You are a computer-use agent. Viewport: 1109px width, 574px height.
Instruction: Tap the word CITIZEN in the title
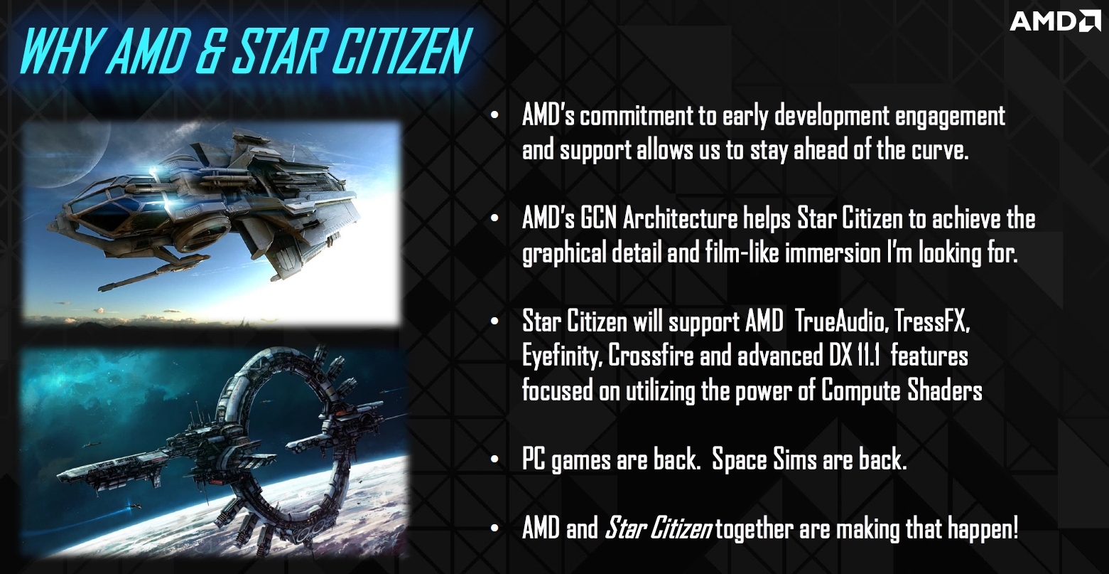click(401, 51)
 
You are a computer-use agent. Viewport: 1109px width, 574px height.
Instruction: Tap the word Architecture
click(681, 219)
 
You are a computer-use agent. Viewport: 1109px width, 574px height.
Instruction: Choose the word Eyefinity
click(563, 356)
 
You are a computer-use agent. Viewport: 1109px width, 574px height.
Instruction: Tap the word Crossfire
click(651, 356)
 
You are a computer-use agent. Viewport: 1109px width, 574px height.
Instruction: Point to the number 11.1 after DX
click(867, 356)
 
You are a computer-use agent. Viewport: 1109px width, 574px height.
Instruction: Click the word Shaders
click(945, 390)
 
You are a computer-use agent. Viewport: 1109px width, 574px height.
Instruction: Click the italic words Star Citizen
click(659, 528)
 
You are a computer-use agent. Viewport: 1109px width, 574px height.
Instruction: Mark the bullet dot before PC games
click(494, 460)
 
